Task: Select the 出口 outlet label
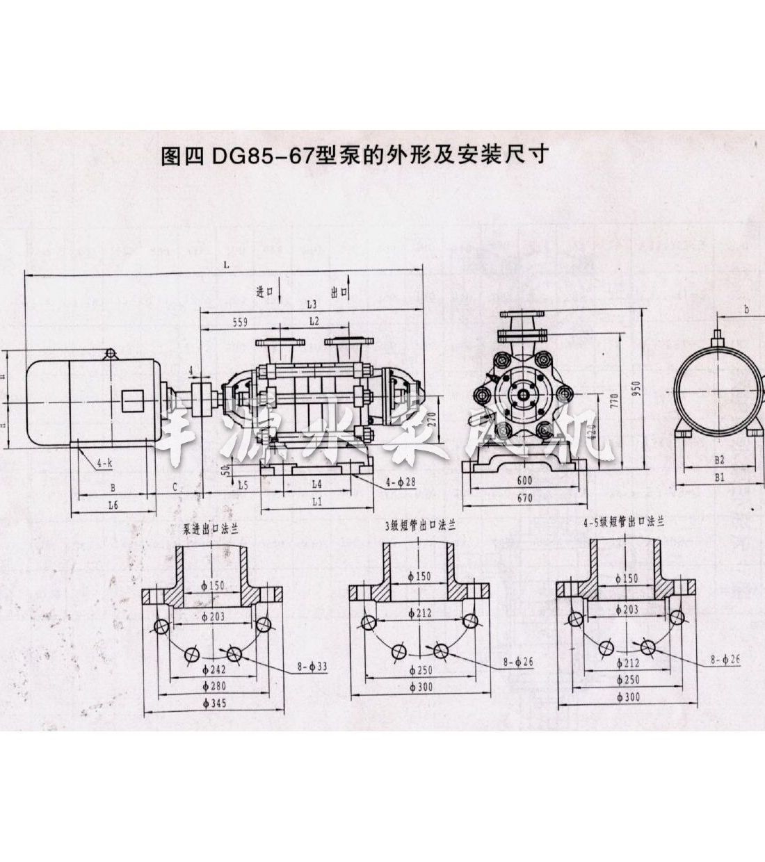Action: tap(339, 293)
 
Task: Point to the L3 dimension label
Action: tap(311, 304)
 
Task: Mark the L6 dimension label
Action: tap(113, 506)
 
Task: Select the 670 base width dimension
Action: tap(525, 498)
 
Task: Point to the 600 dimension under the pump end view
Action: tap(525, 480)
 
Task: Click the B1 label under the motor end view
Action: tap(720, 477)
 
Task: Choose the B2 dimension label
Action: tap(720, 460)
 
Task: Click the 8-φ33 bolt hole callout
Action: tap(315, 665)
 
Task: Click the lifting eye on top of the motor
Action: tap(110, 354)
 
